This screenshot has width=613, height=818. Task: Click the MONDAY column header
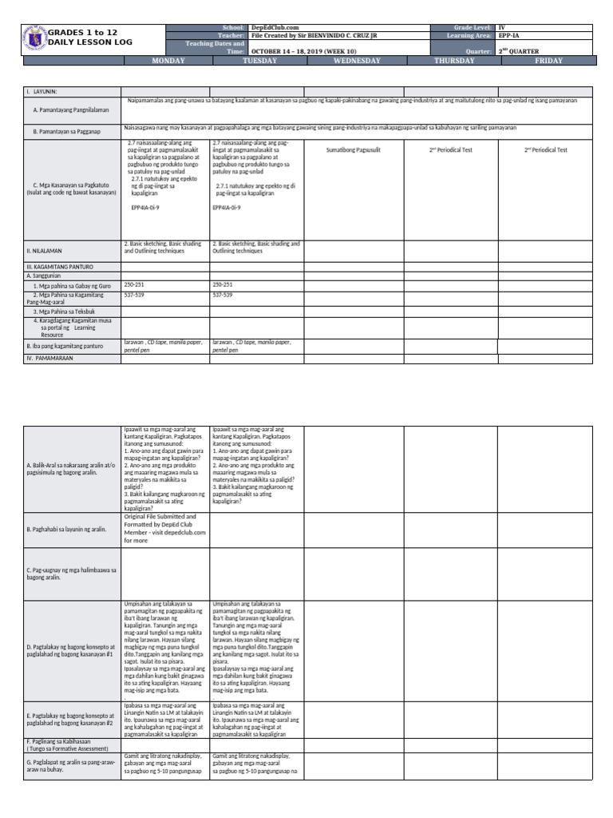[x=168, y=61]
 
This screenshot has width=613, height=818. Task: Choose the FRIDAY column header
[x=548, y=61]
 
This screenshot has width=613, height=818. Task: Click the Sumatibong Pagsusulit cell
[x=354, y=149]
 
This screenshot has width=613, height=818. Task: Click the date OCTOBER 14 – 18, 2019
[x=289, y=52]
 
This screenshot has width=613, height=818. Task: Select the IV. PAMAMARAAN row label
[x=49, y=359]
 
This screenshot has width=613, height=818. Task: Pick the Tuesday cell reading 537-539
[x=223, y=295]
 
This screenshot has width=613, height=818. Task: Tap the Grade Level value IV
[x=502, y=27]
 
